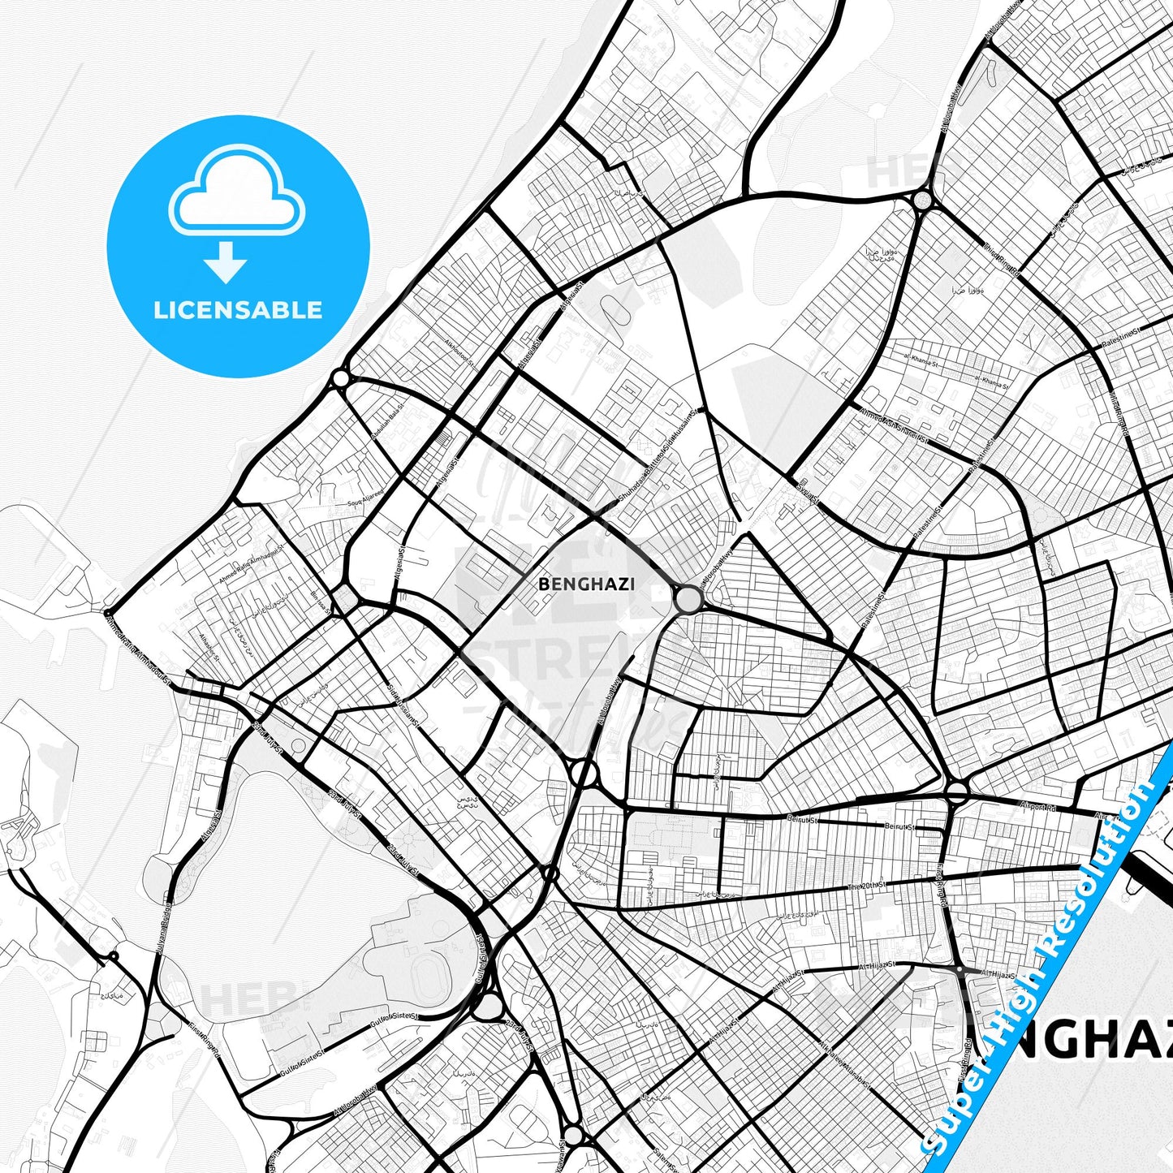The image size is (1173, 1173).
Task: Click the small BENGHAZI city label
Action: pyautogui.click(x=586, y=584)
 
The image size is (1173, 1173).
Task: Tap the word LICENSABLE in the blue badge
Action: pyautogui.click(x=238, y=310)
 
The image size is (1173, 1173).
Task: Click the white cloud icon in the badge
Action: pyautogui.click(x=236, y=193)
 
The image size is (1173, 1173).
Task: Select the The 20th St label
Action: pyautogui.click(x=867, y=886)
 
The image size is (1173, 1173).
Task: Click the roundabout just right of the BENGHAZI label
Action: pyautogui.click(x=688, y=600)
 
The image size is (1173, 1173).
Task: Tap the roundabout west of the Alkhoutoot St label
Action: pyautogui.click(x=340, y=379)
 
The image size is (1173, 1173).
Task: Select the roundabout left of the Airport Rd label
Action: pyautogui.click(x=957, y=791)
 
